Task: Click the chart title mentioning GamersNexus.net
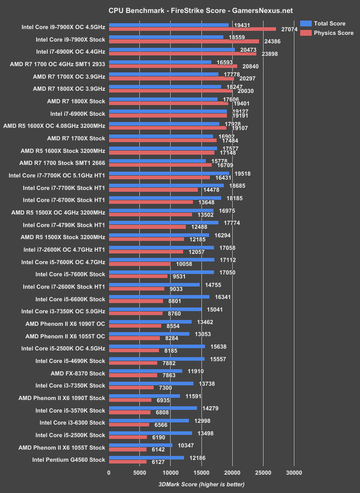(x=180, y=10)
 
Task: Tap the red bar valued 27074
(x=193, y=29)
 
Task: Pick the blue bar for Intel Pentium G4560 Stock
(x=146, y=457)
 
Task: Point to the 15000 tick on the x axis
(x=201, y=473)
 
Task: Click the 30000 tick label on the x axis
(x=293, y=473)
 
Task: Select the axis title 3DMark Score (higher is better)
(x=201, y=484)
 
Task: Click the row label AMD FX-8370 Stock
(x=78, y=373)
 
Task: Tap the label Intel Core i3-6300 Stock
(x=72, y=423)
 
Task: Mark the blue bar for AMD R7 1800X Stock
(x=163, y=99)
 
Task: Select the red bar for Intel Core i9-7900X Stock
(x=184, y=41)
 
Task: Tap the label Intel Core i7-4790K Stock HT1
(x=64, y=225)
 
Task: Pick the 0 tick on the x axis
(x=109, y=473)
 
